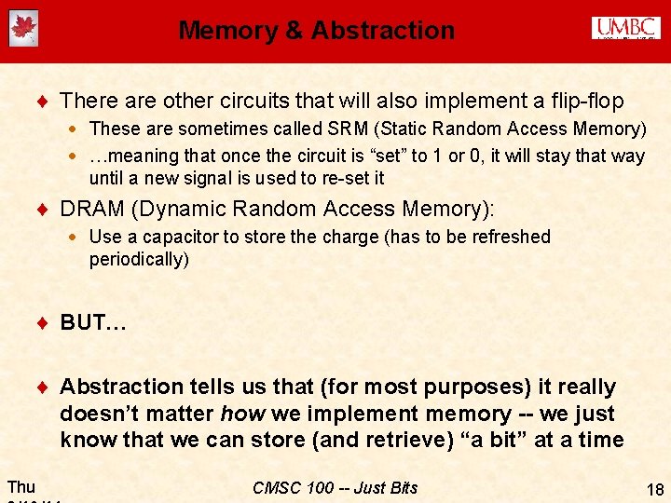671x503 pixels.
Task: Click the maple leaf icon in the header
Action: [22, 29]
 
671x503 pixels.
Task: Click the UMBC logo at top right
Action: [625, 28]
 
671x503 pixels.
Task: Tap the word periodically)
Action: [139, 259]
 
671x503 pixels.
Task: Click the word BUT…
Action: [93, 322]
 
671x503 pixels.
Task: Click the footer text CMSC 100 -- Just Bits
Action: [335, 487]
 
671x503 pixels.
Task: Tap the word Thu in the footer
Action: [21, 486]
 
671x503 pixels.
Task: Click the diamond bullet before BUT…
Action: [43, 323]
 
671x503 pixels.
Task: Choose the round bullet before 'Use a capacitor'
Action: [74, 238]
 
